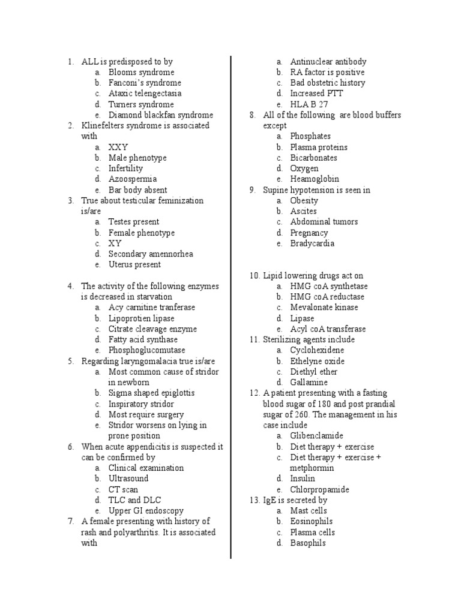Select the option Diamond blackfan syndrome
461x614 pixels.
click(x=160, y=115)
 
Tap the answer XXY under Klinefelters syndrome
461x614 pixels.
click(x=118, y=147)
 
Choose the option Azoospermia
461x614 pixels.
click(x=133, y=179)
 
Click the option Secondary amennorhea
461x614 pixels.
click(x=151, y=254)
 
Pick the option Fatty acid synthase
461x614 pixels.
click(x=143, y=339)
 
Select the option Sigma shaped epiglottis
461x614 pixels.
click(x=151, y=393)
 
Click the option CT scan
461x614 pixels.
click(x=123, y=489)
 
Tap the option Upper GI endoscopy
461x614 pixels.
click(x=146, y=511)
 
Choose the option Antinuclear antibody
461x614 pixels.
click(x=328, y=61)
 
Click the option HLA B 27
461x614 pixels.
click(x=310, y=104)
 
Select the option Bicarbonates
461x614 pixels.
click(x=313, y=158)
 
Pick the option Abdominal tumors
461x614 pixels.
click(x=324, y=222)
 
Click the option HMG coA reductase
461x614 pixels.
click(x=327, y=297)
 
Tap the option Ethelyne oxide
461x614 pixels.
click(x=317, y=361)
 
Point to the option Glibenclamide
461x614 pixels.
click(x=316, y=436)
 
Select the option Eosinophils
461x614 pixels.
click(x=311, y=522)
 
